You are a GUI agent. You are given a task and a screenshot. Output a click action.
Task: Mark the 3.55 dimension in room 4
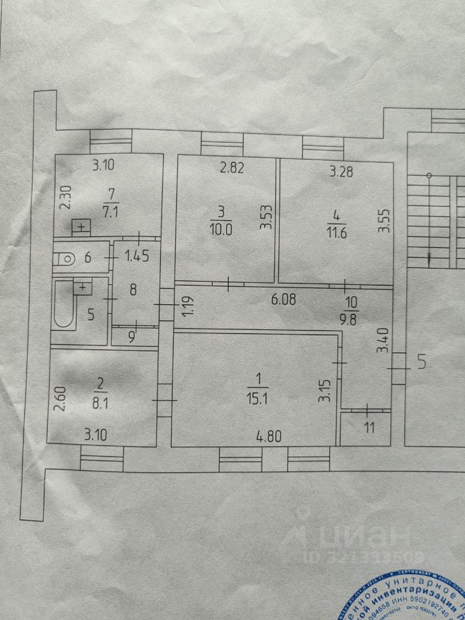point(384,220)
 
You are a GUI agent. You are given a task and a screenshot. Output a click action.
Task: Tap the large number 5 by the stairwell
point(421,362)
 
